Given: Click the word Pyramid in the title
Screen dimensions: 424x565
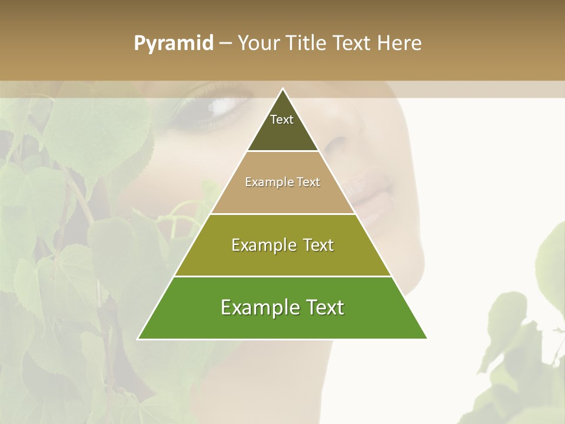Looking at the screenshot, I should (173, 44).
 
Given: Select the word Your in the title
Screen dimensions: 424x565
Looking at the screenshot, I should (259, 43).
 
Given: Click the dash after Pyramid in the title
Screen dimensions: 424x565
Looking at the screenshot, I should (225, 44).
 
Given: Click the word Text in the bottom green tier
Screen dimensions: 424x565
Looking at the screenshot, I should (321, 307).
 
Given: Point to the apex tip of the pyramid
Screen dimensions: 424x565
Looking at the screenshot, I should (282, 89).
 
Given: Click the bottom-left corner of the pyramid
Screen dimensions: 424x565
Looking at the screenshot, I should (139, 339).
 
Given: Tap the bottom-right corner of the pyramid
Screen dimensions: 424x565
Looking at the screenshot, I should (426, 339).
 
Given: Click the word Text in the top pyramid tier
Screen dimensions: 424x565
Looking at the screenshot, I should (282, 120).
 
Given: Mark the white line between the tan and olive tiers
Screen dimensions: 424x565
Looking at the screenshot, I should (282, 214).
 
